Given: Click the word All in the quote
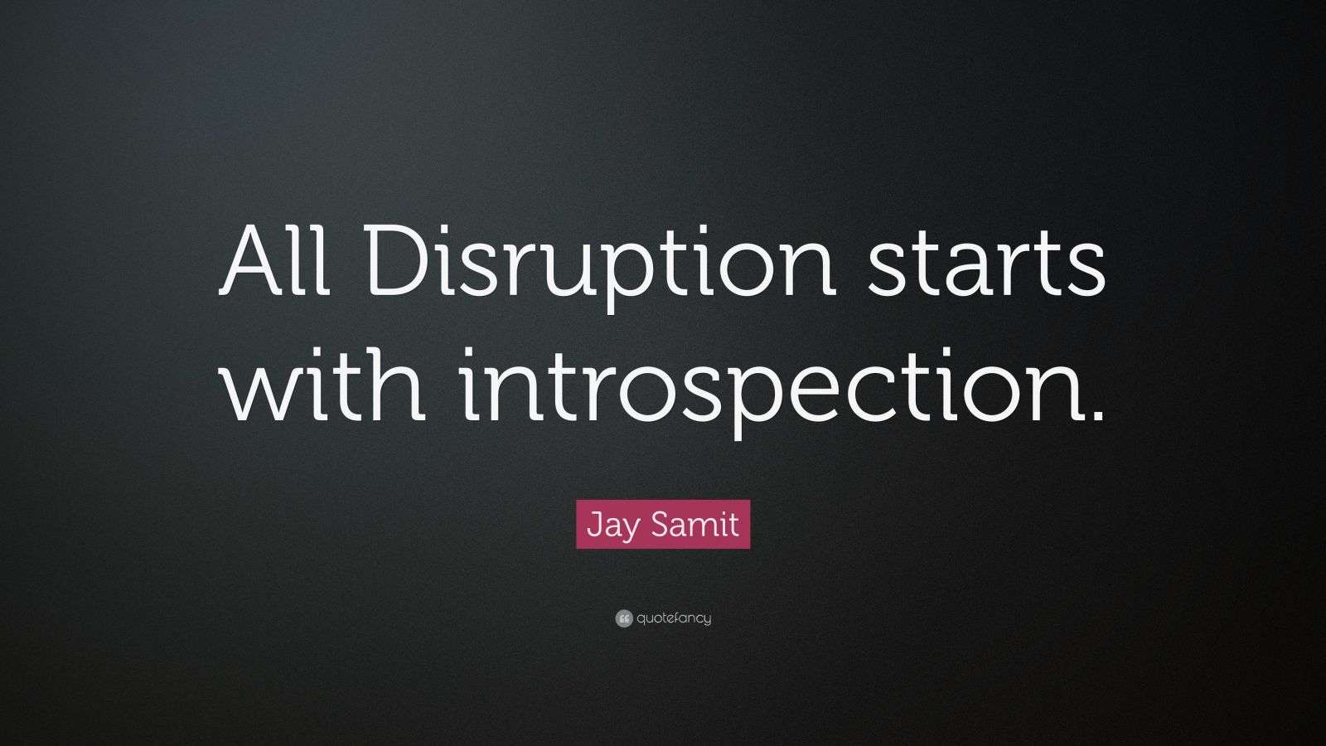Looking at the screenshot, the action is (x=274, y=260).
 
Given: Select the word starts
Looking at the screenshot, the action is (x=986, y=264).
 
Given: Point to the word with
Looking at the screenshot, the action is (x=323, y=384).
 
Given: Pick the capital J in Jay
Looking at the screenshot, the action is (x=594, y=525).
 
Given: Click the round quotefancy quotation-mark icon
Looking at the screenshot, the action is (x=624, y=618).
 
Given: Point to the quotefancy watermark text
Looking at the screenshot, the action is (x=675, y=618).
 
